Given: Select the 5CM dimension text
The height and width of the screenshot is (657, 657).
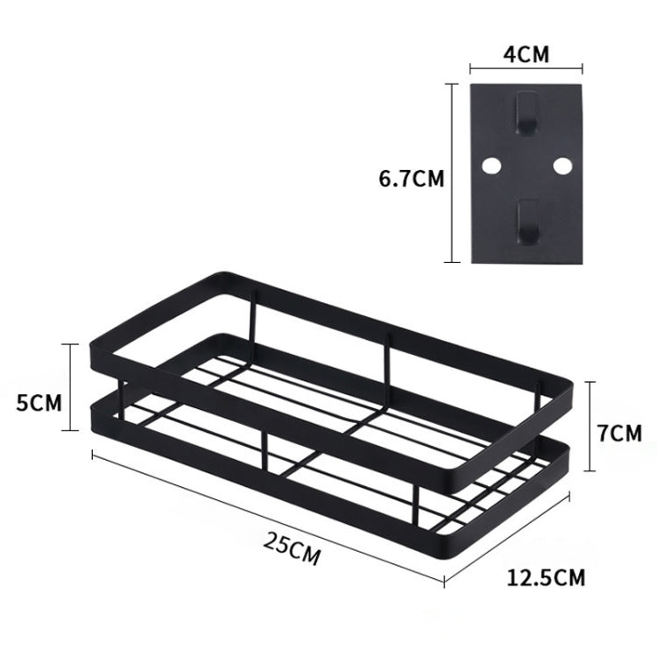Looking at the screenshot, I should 40,404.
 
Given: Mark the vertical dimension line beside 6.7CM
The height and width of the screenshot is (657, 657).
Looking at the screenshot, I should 451,172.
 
